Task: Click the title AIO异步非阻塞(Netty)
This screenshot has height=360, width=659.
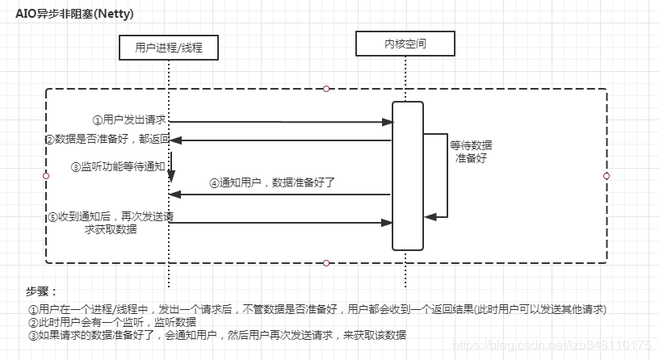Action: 74,14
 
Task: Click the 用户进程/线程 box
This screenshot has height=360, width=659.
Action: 168,48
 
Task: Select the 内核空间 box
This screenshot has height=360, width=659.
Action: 405,44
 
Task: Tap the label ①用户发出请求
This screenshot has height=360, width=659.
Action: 130,119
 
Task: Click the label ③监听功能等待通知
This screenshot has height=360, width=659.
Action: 117,167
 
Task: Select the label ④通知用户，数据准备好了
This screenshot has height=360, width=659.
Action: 271,182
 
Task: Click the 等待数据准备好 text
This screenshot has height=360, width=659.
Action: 471,152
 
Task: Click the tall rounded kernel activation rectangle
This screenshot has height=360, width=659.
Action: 407,175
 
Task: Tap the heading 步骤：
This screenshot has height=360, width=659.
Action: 42,291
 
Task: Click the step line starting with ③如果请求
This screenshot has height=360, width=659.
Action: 216,335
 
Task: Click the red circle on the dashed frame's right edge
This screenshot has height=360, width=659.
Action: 607,175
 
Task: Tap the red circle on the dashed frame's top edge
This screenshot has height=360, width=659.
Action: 326,88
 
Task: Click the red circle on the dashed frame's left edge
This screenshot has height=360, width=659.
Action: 45,175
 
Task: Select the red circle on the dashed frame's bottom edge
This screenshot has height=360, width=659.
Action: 326,262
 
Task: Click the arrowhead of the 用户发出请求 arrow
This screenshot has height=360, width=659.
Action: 388,122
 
